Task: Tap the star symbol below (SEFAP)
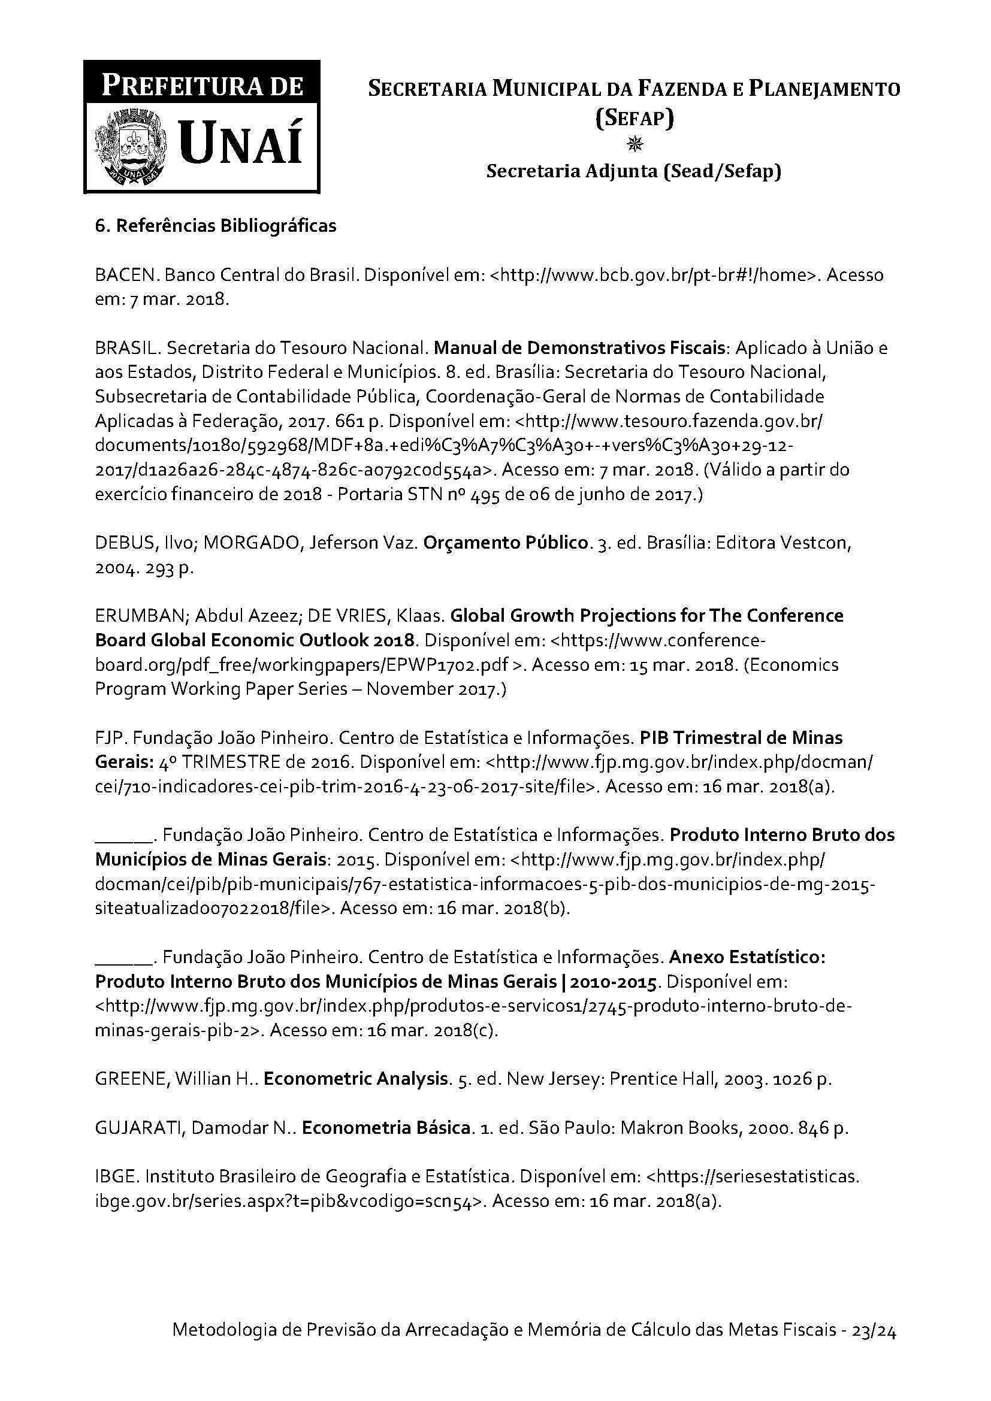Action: pos(635,144)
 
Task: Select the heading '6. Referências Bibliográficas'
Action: pos(216,226)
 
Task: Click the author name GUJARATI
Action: pos(140,1128)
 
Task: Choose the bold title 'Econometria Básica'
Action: pos(386,1128)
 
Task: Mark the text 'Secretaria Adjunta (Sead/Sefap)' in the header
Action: pos(634,172)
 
